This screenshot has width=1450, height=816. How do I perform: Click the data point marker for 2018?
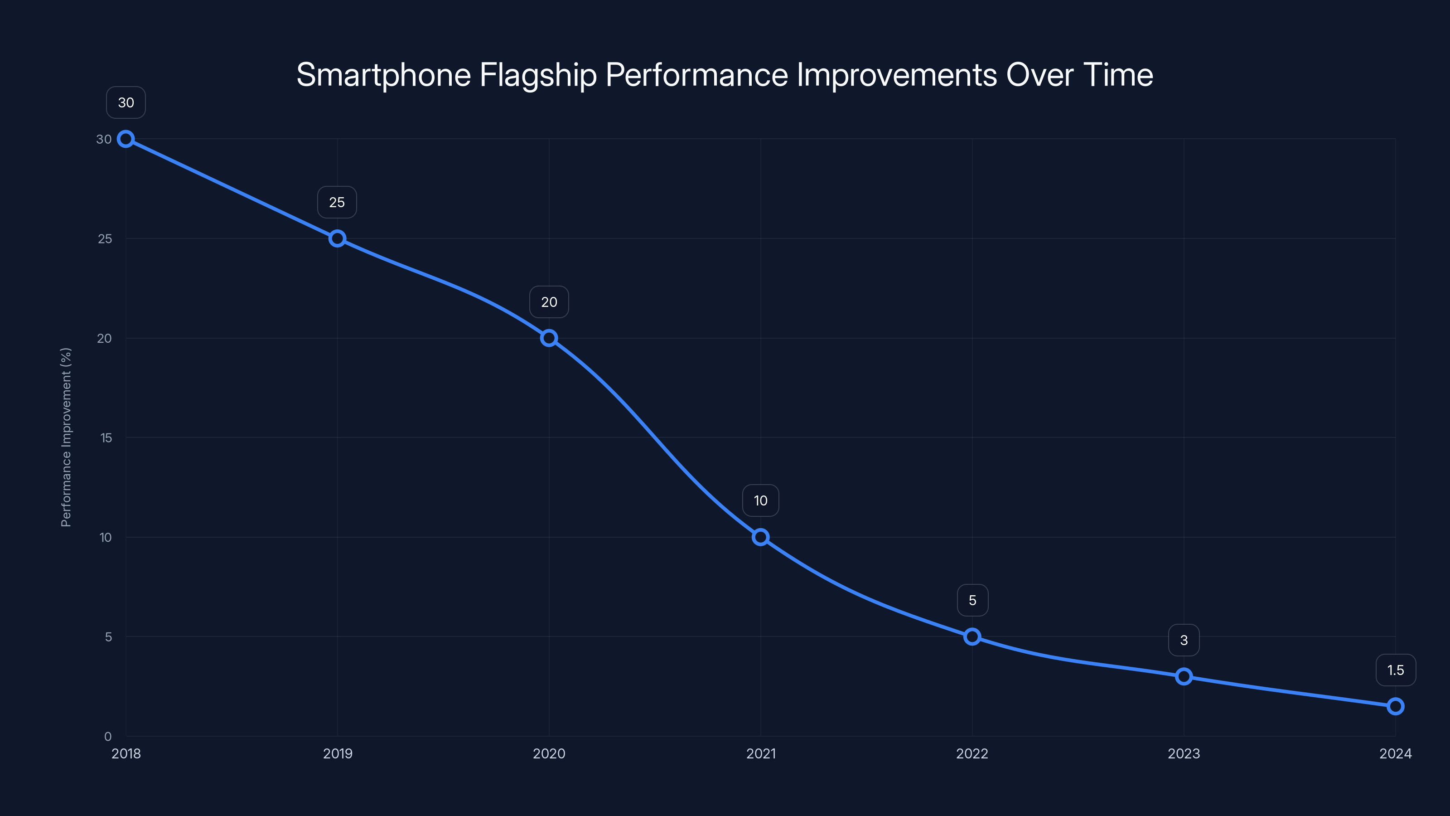[126, 139]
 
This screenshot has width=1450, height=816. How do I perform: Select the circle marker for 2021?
[760, 537]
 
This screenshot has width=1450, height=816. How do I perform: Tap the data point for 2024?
[1396, 706]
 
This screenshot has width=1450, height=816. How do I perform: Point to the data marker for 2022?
[972, 637]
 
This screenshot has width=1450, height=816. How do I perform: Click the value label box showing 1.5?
[1396, 670]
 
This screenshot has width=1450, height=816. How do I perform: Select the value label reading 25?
[337, 202]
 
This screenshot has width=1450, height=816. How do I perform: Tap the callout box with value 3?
[1184, 640]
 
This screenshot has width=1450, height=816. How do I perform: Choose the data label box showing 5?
[972, 600]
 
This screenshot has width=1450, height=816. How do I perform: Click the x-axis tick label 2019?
[337, 753]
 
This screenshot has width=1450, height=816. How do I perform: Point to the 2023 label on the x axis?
[1184, 753]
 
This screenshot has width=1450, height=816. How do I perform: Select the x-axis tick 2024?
[1396, 753]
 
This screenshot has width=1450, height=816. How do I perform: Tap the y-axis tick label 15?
[106, 437]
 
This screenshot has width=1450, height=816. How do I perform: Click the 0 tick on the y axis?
[107, 736]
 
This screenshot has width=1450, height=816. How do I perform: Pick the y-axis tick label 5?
[108, 637]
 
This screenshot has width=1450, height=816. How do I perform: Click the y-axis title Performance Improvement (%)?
[66, 437]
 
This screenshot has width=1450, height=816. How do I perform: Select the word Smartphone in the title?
[383, 75]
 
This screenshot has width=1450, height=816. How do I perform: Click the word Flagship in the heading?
[537, 75]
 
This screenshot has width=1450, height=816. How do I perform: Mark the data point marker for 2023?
[1184, 676]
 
